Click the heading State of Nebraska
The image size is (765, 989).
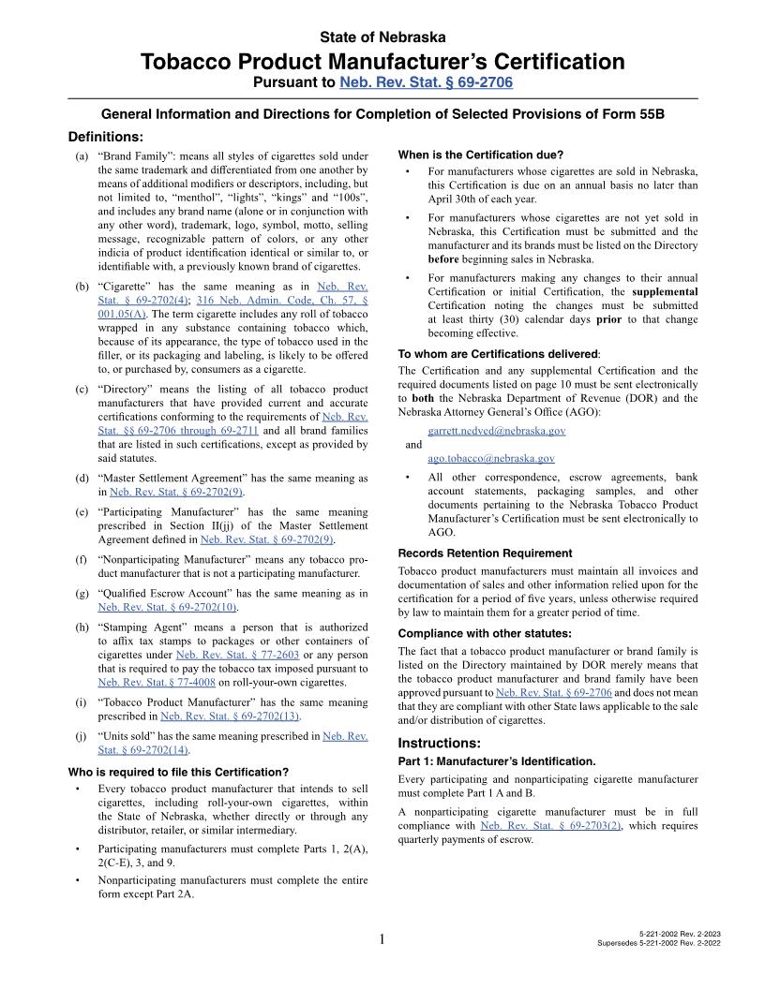382,37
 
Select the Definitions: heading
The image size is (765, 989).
105,137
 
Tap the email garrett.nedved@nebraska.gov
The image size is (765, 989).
496,431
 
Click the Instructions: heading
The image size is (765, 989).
439,743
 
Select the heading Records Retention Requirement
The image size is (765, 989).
485,554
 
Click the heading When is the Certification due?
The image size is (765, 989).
480,155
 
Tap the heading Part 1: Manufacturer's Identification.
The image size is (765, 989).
497,761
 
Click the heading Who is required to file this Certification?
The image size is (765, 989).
178,773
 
